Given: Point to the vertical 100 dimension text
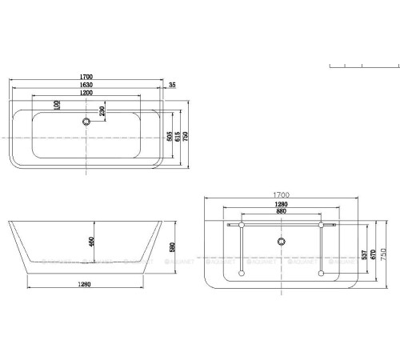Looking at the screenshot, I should click(x=58, y=105).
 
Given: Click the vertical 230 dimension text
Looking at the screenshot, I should click(x=102, y=111).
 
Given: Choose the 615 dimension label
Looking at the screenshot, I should click(x=176, y=136).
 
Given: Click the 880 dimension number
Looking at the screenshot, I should click(x=280, y=212).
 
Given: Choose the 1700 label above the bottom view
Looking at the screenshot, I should click(x=281, y=194).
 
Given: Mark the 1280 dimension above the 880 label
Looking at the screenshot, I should click(x=280, y=205).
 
